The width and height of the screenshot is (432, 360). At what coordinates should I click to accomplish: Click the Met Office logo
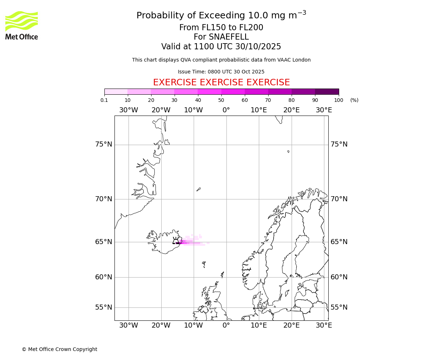click(22, 25)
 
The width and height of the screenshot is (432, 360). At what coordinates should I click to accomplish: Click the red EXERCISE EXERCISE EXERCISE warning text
click(221, 82)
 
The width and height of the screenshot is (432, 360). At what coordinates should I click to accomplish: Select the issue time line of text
click(221, 72)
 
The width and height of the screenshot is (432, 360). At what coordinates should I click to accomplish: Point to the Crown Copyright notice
click(59, 349)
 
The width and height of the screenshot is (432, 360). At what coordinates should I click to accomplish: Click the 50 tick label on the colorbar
click(221, 100)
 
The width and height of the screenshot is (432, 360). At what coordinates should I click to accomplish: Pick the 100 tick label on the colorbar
click(338, 100)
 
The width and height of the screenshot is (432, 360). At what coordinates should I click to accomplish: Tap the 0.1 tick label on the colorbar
click(104, 100)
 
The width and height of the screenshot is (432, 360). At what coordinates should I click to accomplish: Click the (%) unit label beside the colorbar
click(354, 100)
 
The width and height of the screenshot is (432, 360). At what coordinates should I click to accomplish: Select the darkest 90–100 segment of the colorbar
click(327, 91)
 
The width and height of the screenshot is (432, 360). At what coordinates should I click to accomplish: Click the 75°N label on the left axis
click(104, 144)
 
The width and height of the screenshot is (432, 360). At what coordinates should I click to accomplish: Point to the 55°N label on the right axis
click(339, 307)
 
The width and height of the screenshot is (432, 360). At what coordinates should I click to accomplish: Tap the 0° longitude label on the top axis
click(226, 110)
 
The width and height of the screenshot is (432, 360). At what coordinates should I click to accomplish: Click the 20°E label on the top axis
click(292, 110)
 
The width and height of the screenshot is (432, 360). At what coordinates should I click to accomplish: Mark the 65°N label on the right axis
click(339, 242)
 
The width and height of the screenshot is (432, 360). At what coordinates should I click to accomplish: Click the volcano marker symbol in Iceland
click(176, 240)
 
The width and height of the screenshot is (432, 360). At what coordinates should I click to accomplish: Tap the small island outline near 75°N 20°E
click(288, 152)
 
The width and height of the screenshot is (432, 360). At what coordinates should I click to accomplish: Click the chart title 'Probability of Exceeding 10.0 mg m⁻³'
click(221, 15)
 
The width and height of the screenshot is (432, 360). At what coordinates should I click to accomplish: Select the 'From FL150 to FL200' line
click(221, 28)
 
